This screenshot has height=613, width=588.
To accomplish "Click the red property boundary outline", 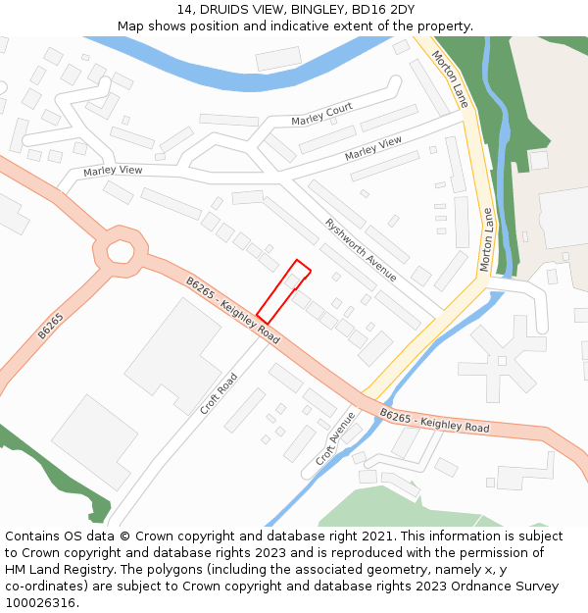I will click(x=283, y=291).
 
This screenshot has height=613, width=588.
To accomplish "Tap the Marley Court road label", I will click(x=321, y=115).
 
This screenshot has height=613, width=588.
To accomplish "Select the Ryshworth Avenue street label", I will click(x=361, y=249).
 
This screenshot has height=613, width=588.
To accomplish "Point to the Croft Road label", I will click(x=219, y=393).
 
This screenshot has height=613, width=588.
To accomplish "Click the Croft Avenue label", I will click(x=335, y=437).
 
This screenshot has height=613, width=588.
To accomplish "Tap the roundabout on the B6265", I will click(x=120, y=251).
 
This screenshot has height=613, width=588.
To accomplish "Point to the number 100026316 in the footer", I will click(x=41, y=602).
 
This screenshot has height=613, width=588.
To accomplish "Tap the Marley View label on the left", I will click(x=113, y=171).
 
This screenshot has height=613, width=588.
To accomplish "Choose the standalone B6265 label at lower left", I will click(x=51, y=326).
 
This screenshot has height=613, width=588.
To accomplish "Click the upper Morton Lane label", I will click(x=450, y=78).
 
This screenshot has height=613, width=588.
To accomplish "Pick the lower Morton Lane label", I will click(x=486, y=239).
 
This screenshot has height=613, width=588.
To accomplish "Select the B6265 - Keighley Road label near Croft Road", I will click(x=232, y=309).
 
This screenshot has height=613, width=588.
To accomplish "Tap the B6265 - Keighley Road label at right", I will click(x=434, y=422).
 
